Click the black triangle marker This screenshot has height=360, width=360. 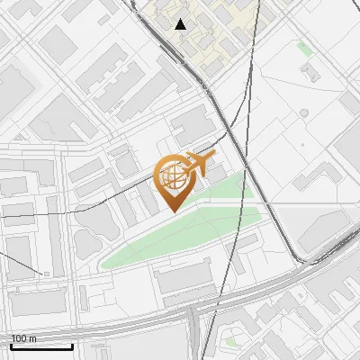tap(181, 24)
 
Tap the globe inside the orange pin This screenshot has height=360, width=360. tap(173, 175)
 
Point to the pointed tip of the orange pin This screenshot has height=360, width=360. tap(173, 211)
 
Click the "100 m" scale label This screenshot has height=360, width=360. tap(24, 338)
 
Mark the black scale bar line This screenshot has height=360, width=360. tap(41, 346)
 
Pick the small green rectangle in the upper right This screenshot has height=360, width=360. tap(305, 49)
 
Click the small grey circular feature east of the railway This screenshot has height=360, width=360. tap(303, 112)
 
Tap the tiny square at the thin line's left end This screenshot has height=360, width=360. tap(46, 272)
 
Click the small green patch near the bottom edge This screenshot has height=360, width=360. tap(230, 341)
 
